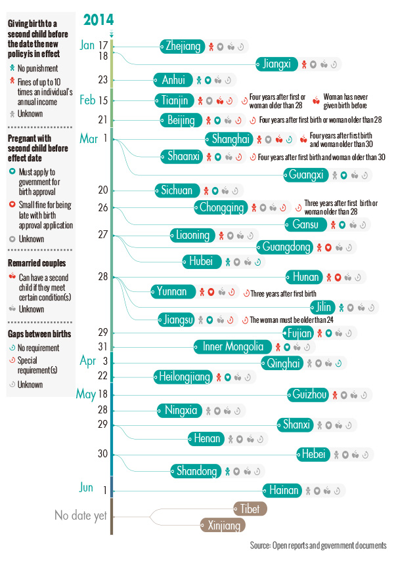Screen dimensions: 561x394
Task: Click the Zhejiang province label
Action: click(x=183, y=46)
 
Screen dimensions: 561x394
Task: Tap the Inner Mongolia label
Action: click(x=232, y=346)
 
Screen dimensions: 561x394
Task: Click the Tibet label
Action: click(x=250, y=509)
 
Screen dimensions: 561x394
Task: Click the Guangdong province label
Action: click(x=286, y=247)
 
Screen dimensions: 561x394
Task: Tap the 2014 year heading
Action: click(x=98, y=20)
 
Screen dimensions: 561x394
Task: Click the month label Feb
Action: click(x=88, y=100)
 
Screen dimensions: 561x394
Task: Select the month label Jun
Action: click(x=87, y=487)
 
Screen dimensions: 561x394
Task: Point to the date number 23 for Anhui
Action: click(x=103, y=80)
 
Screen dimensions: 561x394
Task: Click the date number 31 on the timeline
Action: click(x=103, y=346)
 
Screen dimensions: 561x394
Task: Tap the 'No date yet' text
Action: click(x=80, y=516)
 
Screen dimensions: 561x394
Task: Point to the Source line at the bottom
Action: click(x=318, y=546)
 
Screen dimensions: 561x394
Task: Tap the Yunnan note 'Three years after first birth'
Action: click(x=284, y=293)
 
